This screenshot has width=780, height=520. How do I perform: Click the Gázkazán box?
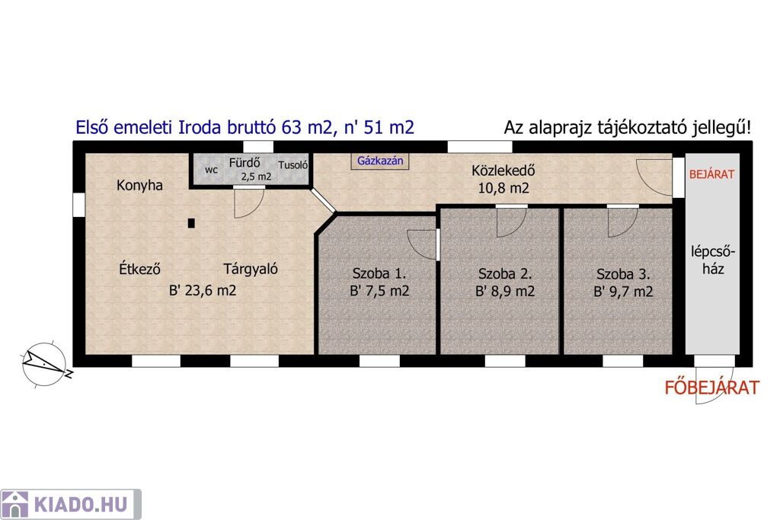pyautogui.click(x=380, y=161)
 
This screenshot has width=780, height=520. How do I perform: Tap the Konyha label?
pyautogui.click(x=140, y=186)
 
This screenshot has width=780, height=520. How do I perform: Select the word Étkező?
pyautogui.click(x=140, y=269)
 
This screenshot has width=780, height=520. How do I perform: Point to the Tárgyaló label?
pyautogui.click(x=250, y=269)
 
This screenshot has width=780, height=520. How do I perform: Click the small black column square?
pyautogui.click(x=191, y=223)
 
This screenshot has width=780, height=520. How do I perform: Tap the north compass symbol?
pyautogui.click(x=45, y=365)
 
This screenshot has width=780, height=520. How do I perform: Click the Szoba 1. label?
pyautogui.click(x=379, y=273)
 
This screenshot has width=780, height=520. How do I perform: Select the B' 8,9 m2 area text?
pyautogui.click(x=505, y=292)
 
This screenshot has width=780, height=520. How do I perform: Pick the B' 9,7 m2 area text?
pyautogui.click(x=623, y=292)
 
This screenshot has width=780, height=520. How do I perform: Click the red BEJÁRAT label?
pyautogui.click(x=712, y=174)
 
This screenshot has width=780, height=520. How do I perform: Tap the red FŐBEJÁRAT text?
pyautogui.click(x=712, y=388)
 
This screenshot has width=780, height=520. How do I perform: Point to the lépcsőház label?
pyautogui.click(x=713, y=260)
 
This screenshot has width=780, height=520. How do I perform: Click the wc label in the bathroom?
pyautogui.click(x=212, y=170)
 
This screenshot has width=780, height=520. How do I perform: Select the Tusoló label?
pyautogui.click(x=293, y=165)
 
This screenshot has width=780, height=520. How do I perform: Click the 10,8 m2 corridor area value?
pyautogui.click(x=503, y=188)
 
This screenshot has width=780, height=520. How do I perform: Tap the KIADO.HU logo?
pyautogui.click(x=71, y=505)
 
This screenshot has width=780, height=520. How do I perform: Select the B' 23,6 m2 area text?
pyautogui.click(x=203, y=290)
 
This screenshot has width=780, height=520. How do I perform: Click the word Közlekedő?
pyautogui.click(x=503, y=171)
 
